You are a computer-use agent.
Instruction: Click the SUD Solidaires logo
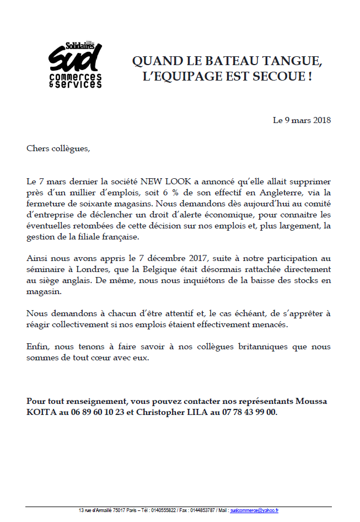(x=75, y=65)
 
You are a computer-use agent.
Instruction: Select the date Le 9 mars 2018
(x=302, y=120)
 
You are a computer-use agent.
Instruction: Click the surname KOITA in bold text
(x=40, y=412)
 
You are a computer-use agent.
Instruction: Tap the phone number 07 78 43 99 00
(x=250, y=412)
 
